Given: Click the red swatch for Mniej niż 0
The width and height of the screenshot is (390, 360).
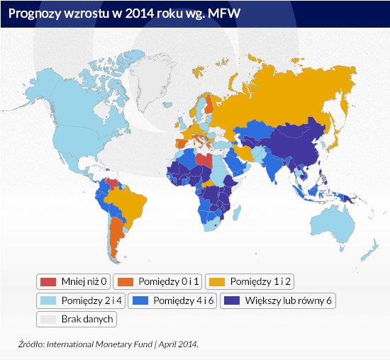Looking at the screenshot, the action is pos(48,282).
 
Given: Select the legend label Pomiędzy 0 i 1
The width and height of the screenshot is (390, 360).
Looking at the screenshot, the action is pos(169,281).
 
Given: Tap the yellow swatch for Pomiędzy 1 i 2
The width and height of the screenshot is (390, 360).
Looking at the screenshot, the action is pos(217,282).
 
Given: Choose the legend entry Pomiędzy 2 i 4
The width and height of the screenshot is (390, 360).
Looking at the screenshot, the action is pos(81,300).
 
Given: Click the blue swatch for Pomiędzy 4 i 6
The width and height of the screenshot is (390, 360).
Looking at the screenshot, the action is pos(140,300).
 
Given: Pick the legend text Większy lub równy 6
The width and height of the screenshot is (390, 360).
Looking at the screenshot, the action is pos(289,300).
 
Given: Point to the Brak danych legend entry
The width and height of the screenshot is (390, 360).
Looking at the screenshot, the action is pos(77,319).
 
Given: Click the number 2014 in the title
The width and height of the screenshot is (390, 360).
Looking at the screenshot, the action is pos(139,13).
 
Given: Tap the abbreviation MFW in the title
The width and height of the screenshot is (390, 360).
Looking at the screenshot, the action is pos(224,13).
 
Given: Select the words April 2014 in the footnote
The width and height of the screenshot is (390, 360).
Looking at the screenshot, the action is pos(178,344).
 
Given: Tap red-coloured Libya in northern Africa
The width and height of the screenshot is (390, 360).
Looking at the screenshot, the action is pos(204,160).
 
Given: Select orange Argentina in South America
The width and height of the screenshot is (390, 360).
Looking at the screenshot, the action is pos(116,235).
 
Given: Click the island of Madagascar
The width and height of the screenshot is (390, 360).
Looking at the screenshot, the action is pos(237,213).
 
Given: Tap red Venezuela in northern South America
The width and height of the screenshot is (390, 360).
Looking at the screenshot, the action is pos(113,184).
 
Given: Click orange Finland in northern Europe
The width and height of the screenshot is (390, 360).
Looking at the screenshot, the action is pos(209,104).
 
